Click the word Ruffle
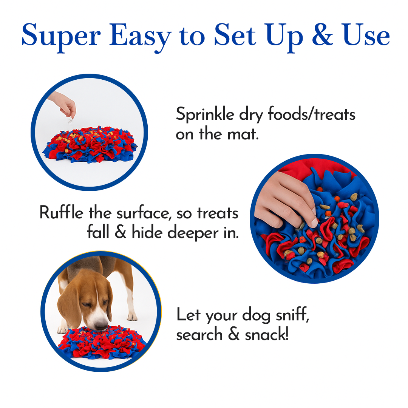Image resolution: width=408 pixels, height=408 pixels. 62,213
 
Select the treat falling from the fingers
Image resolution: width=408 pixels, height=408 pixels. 70,121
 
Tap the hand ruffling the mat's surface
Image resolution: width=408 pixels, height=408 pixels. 287,196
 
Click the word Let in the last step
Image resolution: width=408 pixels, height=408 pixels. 189,315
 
